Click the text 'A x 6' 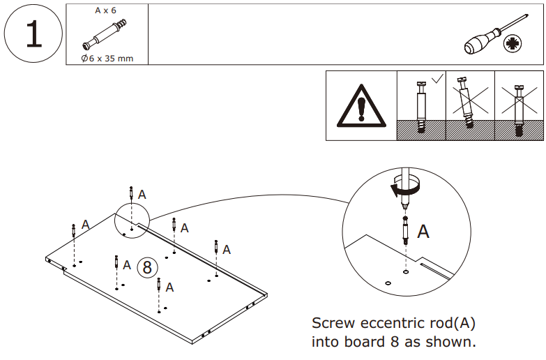(x=106, y=11)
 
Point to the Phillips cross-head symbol (x=515, y=44)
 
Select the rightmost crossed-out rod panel (x=518, y=105)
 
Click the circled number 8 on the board (x=146, y=267)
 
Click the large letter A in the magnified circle (x=423, y=232)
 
